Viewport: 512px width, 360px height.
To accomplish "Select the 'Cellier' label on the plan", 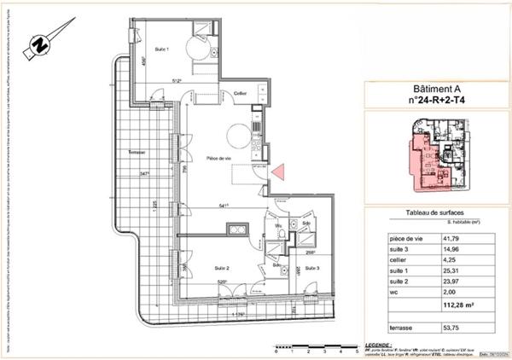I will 241,93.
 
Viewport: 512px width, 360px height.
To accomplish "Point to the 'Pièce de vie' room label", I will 220,158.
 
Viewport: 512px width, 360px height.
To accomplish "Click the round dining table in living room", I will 237,132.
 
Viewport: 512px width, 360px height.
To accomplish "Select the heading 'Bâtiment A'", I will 437,90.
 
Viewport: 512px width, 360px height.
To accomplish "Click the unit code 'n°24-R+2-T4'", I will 437,100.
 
